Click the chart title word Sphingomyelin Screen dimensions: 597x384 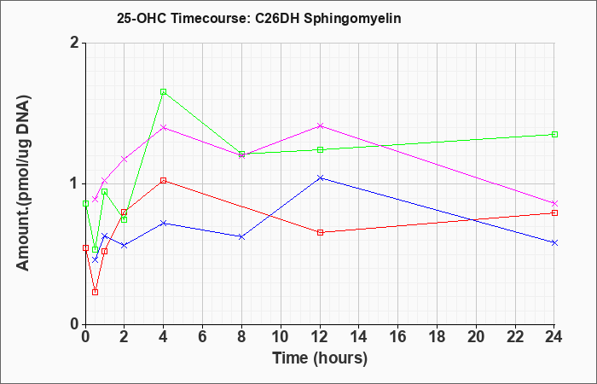tap(352, 19)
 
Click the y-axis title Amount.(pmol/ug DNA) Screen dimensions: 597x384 tap(23, 183)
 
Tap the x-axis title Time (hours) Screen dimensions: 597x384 tap(320, 358)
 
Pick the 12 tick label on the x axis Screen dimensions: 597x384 tap(319, 336)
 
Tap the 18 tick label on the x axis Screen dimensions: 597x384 tap(437, 336)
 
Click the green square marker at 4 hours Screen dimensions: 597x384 tap(164, 92)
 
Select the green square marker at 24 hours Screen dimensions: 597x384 tap(554, 135)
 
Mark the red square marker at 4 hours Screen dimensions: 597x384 tap(164, 181)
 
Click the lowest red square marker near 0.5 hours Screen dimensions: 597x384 tap(96, 292)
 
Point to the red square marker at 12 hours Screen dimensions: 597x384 tap(320, 232)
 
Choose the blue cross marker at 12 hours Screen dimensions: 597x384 tap(320, 177)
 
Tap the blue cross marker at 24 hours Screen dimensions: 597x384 tap(554, 242)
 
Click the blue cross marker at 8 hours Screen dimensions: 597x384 tap(241, 237)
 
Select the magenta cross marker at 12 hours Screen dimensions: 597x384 tap(320, 125)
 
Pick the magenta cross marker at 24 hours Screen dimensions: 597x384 tap(554, 203)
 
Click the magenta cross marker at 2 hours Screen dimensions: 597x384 tap(125, 160)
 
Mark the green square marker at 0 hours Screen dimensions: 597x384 tap(85, 203)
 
